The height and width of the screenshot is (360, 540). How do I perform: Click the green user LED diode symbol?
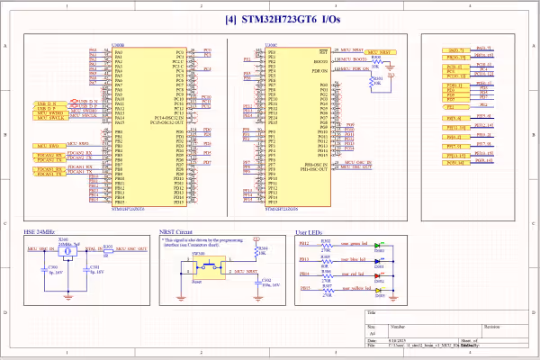pyautogui.click(x=378, y=244)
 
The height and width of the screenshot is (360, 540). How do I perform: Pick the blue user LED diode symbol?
pyautogui.click(x=378, y=258)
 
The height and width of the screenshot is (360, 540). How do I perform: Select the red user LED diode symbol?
pyautogui.click(x=378, y=274)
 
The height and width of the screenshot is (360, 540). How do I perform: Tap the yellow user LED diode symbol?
pyautogui.click(x=378, y=289)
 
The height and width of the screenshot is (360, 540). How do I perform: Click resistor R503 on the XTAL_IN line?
pyautogui.click(x=107, y=247)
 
